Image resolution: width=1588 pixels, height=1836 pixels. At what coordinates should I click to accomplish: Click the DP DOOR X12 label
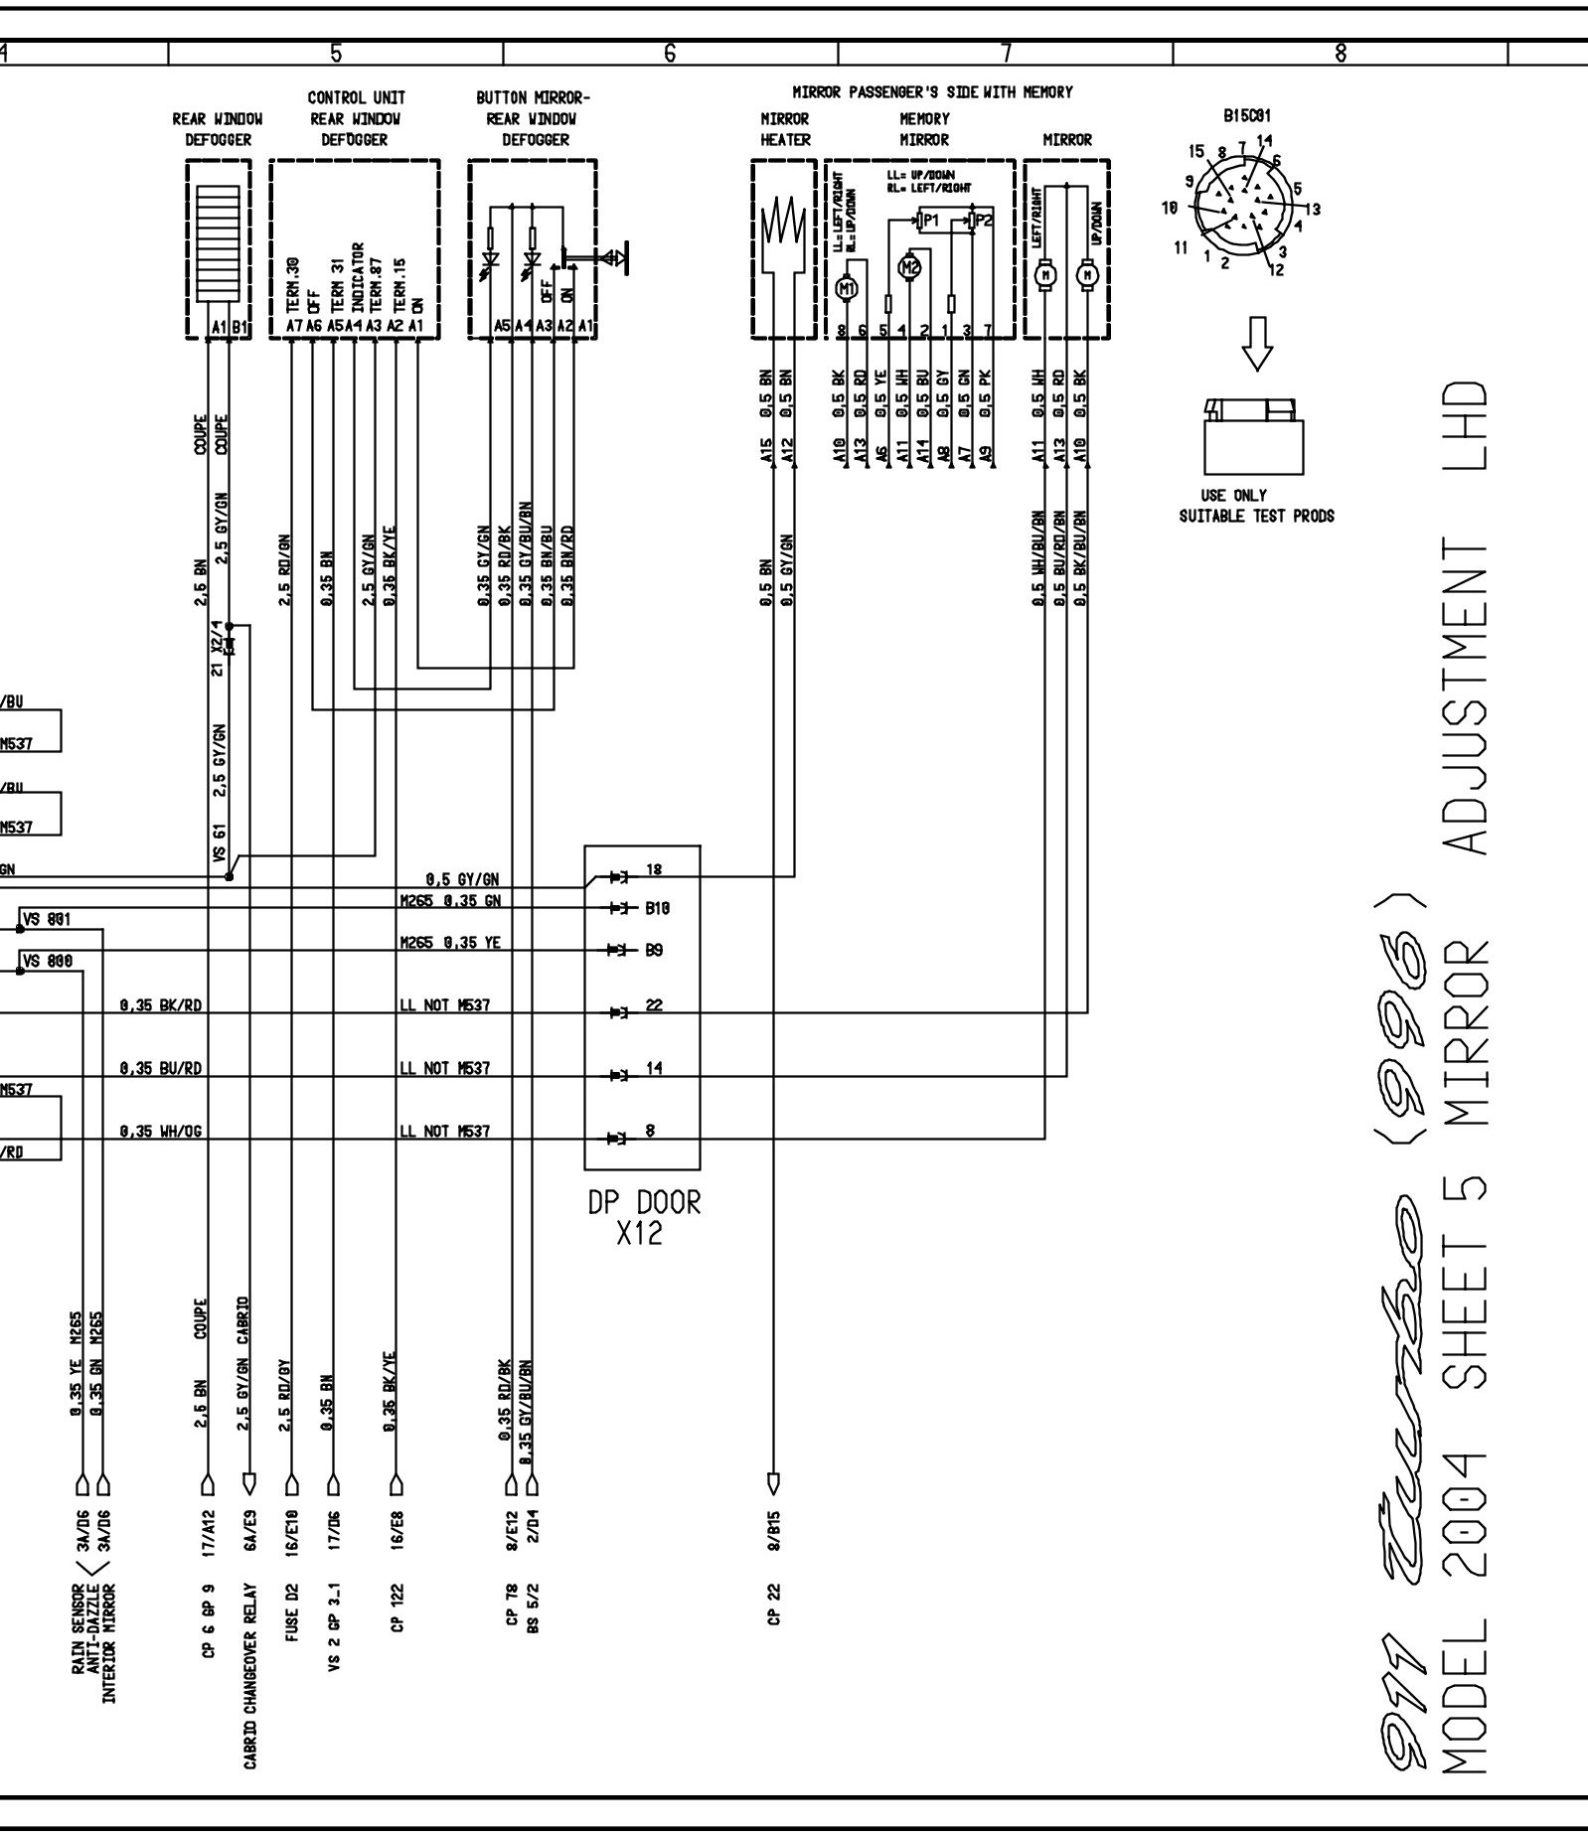(643, 1217)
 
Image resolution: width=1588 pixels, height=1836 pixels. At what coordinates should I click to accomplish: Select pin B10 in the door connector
(659, 908)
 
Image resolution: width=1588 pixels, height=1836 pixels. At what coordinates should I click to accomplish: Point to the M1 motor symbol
(847, 289)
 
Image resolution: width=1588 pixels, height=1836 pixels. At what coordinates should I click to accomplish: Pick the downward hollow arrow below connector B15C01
(1258, 343)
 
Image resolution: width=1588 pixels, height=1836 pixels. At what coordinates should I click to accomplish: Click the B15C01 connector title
(1247, 115)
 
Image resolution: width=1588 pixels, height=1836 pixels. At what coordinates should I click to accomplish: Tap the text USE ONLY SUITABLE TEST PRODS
(1256, 506)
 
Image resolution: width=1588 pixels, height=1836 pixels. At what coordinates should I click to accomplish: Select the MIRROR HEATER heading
(785, 129)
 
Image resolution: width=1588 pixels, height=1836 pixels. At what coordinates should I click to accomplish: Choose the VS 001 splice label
(46, 919)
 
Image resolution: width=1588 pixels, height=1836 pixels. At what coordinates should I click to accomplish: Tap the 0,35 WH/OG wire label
(161, 1131)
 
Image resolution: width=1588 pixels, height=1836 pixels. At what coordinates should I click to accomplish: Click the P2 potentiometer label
(983, 220)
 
